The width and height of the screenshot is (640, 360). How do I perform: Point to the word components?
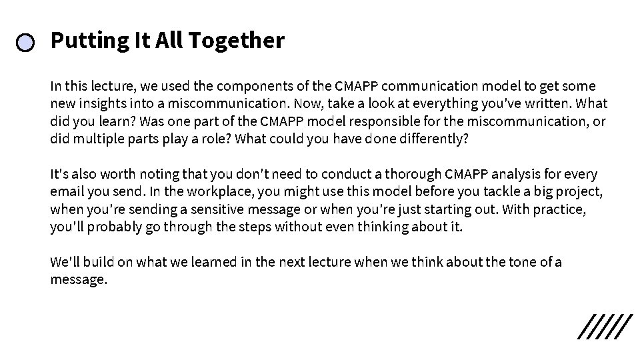pyautogui.click(x=255, y=86)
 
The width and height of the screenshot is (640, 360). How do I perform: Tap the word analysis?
pyautogui.click(x=529, y=175)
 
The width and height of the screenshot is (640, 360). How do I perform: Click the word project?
pyautogui.click(x=579, y=192)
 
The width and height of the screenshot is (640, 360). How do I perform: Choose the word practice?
pyautogui.click(x=561, y=209)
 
